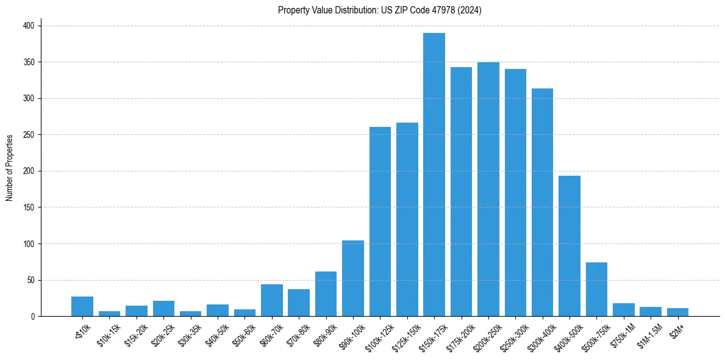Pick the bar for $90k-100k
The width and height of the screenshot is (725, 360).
tap(353, 278)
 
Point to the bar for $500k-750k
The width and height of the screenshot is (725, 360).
tap(596, 289)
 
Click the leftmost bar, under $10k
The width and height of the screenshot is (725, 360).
tap(82, 306)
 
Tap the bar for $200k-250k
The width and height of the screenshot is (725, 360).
tap(488, 189)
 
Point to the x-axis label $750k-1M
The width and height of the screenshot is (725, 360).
tap(620, 333)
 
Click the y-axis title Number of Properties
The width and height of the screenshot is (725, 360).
tap(9, 167)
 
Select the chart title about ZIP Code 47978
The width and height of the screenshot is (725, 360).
tap(379, 10)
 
